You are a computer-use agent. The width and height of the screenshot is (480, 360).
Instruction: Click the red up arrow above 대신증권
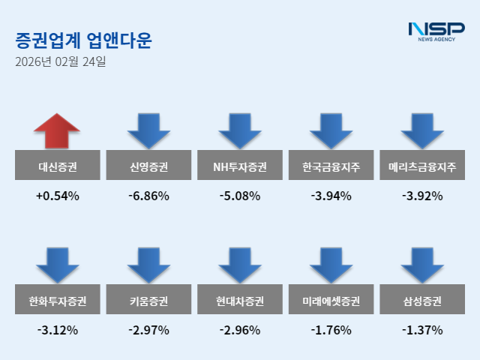(x=57, y=131)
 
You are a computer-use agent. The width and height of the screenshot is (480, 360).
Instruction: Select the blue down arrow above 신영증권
(x=148, y=131)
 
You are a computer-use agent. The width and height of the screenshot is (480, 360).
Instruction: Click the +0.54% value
(x=57, y=196)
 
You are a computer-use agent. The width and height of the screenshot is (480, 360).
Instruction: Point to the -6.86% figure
(x=148, y=196)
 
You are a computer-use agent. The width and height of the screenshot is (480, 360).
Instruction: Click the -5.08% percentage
(x=240, y=196)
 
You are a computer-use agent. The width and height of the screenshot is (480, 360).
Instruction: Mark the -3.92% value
(x=422, y=196)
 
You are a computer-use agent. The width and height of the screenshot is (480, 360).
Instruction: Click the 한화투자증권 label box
(x=57, y=301)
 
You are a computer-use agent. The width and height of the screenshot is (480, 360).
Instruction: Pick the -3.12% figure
(x=57, y=330)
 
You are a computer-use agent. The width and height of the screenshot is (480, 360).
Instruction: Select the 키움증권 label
(x=148, y=301)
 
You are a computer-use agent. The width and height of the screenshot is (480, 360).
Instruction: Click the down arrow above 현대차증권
(x=240, y=265)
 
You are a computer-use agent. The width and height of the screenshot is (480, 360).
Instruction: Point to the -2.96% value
(x=240, y=330)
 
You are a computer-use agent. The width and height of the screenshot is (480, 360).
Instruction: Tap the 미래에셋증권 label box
(x=331, y=301)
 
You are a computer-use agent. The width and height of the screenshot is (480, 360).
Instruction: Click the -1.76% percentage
(x=331, y=330)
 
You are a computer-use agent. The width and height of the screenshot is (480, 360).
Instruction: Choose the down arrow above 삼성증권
(x=422, y=265)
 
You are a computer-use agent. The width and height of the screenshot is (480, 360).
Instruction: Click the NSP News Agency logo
(x=436, y=31)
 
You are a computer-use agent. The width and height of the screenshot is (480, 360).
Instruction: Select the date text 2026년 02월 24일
(x=60, y=62)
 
